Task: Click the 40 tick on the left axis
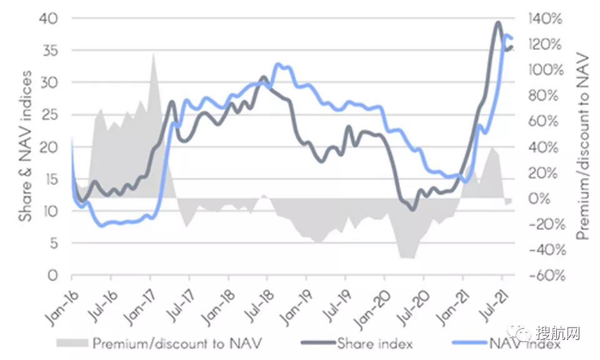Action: (x=49, y=18)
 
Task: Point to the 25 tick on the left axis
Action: (x=49, y=115)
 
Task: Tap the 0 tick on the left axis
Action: (x=54, y=276)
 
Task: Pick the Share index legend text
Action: (x=374, y=342)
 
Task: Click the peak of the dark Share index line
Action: (x=497, y=22)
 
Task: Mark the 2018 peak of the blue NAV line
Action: (x=277, y=64)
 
